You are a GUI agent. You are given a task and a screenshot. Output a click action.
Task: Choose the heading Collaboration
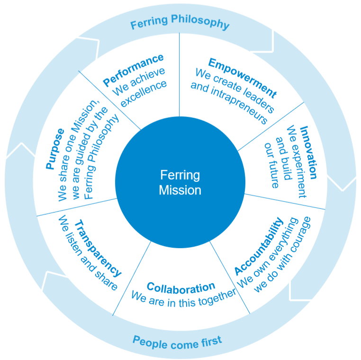point(180,288)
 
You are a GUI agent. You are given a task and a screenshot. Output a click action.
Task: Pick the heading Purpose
point(54,149)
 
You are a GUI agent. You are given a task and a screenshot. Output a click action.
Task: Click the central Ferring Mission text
point(180,183)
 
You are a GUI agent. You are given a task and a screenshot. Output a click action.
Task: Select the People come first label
point(177,341)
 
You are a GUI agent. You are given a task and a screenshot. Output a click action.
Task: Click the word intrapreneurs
point(228,105)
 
